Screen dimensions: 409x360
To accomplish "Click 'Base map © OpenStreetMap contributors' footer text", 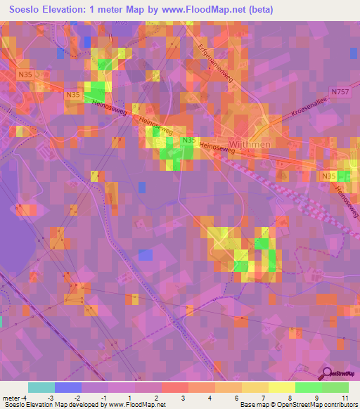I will [x=297, y=404].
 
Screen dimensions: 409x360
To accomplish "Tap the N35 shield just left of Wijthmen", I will [x=188, y=141].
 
